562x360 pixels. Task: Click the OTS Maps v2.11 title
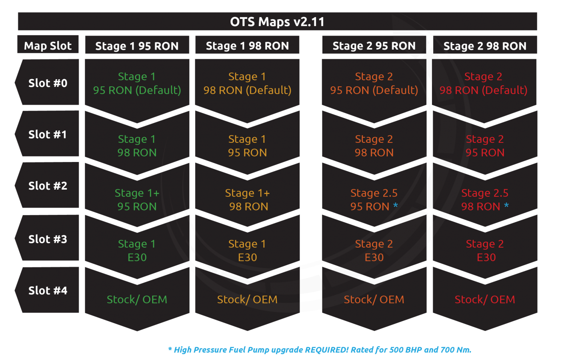pos(277,22)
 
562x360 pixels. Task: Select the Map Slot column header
pos(48,46)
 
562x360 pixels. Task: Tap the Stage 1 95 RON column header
pos(137,46)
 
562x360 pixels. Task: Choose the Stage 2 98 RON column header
pos(485,46)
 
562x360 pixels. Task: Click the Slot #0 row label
pos(48,83)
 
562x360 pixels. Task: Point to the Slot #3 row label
pos(48,239)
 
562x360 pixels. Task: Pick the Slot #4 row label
pos(48,290)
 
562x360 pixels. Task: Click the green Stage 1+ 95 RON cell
pos(137,200)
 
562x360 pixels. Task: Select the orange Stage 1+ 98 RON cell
pos(247,200)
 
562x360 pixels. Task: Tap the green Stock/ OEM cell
pos(137,299)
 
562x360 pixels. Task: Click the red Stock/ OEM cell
pos(485,299)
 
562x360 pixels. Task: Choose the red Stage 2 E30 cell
pos(485,250)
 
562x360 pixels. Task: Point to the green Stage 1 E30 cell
pos(137,250)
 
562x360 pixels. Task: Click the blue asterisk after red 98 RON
pos(506,206)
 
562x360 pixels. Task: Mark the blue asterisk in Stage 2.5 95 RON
pos(396,206)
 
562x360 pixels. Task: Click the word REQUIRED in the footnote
pos(327,350)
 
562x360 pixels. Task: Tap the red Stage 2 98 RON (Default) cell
pos(483,83)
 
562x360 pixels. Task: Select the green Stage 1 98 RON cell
pos(137,146)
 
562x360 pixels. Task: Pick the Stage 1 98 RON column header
pos(247,46)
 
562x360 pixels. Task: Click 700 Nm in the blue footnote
pos(456,350)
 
